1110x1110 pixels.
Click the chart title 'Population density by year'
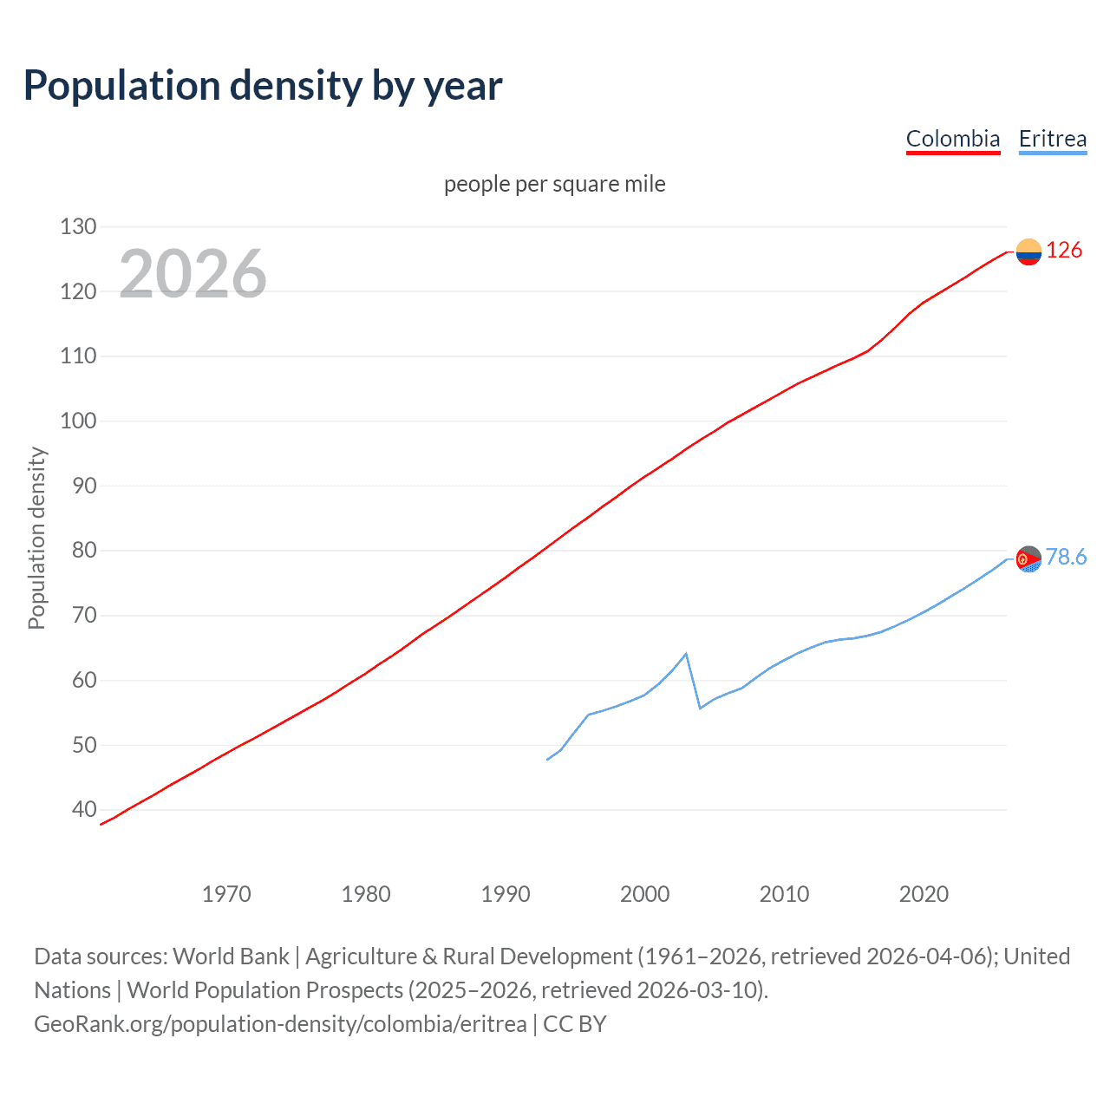(263, 86)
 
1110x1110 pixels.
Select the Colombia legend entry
(952, 139)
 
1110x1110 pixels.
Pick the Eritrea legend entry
(1052, 139)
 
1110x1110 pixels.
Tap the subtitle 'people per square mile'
(554, 184)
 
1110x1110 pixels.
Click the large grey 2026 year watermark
(193, 274)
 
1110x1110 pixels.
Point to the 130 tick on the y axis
(78, 227)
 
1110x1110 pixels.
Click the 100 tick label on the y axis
(78, 421)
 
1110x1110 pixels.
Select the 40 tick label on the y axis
(84, 810)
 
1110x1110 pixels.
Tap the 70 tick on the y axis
(84, 616)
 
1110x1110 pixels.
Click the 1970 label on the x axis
(226, 894)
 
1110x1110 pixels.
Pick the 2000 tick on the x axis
(644, 894)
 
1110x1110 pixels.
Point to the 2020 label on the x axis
(924, 894)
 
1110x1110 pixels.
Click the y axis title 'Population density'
(36, 538)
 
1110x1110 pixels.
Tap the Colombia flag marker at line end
(1028, 251)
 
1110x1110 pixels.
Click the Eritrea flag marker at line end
(1028, 559)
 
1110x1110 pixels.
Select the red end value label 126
(1064, 251)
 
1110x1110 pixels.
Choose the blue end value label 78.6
(1066, 558)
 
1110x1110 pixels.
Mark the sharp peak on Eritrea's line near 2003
(686, 654)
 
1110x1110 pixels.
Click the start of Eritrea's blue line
(547, 760)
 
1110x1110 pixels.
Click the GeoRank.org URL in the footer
(280, 1024)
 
